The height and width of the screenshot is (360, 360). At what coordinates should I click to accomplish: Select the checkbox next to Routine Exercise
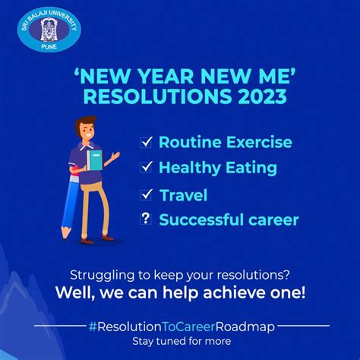click(146, 142)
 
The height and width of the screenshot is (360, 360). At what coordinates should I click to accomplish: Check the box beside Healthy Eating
click(146, 167)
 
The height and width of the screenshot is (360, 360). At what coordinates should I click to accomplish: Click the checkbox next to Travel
click(146, 195)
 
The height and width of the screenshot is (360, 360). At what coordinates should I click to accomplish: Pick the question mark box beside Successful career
click(146, 220)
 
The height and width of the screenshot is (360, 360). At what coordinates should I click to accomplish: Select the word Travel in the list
click(183, 195)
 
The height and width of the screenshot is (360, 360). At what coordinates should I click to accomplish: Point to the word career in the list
click(268, 220)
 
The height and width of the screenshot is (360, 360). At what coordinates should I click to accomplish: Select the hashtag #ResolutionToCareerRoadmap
click(179, 324)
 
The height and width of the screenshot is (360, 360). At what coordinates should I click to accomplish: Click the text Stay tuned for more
click(179, 340)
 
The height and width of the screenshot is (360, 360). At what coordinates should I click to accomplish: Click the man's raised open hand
click(116, 156)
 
